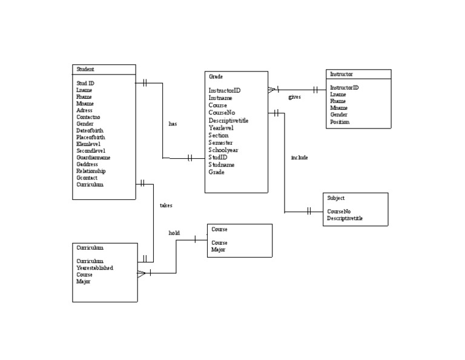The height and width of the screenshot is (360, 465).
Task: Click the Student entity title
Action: tap(85, 69)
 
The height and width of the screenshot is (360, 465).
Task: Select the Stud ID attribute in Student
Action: tap(85, 83)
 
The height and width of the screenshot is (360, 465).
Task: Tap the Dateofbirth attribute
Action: tap(90, 130)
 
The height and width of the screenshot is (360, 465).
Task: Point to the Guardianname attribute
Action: tap(93, 158)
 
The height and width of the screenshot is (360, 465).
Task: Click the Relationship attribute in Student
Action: tap(91, 171)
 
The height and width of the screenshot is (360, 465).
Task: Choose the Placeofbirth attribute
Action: tap(91, 137)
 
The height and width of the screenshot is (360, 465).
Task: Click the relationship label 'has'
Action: tap(173, 124)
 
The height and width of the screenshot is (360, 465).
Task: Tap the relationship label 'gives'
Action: tap(294, 97)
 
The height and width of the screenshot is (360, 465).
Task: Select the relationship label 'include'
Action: tap(299, 158)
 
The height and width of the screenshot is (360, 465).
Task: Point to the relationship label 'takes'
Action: tap(166, 205)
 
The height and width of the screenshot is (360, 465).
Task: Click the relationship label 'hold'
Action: tap(174, 233)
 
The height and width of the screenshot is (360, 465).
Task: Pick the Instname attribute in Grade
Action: tap(220, 98)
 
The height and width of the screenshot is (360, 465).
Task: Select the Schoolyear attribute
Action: tap(223, 150)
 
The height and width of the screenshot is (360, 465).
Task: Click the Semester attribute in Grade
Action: tap(221, 142)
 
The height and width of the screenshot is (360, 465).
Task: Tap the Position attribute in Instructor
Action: tap(340, 122)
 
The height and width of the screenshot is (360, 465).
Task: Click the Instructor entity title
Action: tap(341, 74)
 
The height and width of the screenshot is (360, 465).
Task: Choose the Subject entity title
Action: tap(336, 198)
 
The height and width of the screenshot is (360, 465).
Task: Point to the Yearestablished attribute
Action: tap(94, 268)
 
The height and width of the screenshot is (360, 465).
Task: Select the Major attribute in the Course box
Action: tap(219, 250)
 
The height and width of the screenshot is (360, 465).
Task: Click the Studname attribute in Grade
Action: tap(222, 164)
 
